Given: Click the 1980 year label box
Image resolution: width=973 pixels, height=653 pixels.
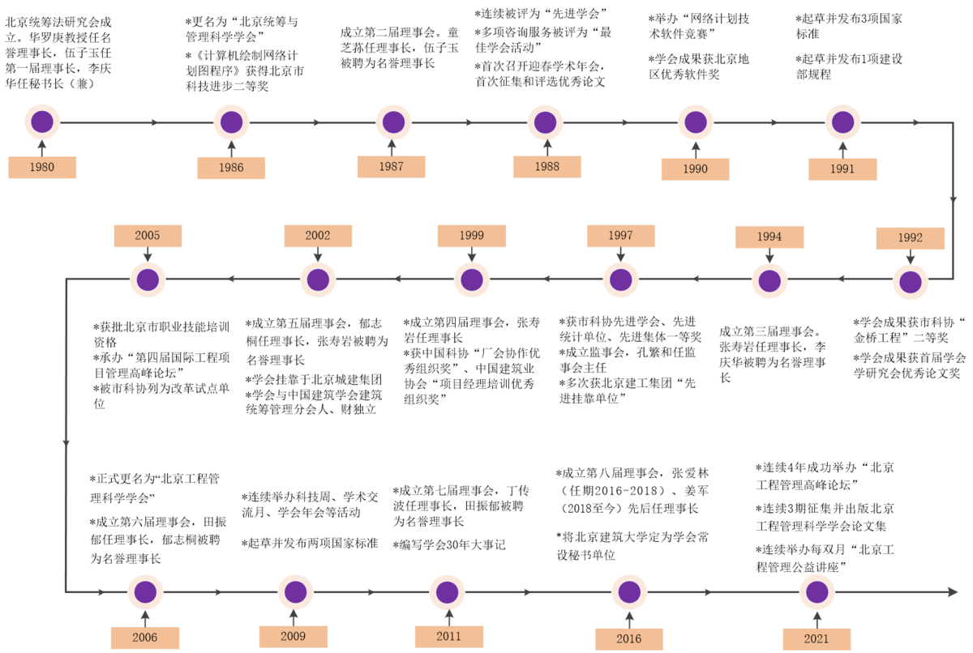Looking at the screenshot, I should (x=42, y=168).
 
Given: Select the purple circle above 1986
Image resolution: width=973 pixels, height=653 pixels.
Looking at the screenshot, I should (x=232, y=122).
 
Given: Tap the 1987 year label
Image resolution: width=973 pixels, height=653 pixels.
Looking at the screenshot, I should (x=392, y=167).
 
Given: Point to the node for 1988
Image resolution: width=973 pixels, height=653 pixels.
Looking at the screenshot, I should (x=546, y=122).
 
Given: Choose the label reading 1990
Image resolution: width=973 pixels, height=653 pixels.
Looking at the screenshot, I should (x=696, y=169).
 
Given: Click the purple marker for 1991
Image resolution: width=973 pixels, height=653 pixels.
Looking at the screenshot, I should (x=843, y=122).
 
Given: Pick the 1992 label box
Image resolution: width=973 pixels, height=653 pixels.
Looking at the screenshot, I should (x=911, y=238).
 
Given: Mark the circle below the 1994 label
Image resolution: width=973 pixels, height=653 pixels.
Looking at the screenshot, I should (x=769, y=281).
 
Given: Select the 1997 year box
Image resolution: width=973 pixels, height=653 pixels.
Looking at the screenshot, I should (x=621, y=236).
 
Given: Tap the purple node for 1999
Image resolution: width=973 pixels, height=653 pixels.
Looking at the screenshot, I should (x=472, y=280).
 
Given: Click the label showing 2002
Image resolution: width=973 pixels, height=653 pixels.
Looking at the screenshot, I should (x=318, y=236).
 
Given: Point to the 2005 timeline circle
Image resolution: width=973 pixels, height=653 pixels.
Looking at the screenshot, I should (x=148, y=280).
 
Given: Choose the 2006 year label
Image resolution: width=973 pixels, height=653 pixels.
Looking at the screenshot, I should (x=145, y=638).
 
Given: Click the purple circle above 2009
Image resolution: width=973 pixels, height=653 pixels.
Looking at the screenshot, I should (x=296, y=592).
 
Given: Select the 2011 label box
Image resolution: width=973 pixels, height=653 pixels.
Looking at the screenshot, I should (x=449, y=637).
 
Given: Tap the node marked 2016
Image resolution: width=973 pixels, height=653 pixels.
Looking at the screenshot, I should (x=629, y=592).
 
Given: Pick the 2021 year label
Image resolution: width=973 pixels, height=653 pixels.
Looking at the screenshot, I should (x=817, y=638).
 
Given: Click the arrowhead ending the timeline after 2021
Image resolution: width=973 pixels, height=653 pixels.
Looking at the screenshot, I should (x=953, y=592).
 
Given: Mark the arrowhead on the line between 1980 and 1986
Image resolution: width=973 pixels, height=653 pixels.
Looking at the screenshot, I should (x=155, y=122).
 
